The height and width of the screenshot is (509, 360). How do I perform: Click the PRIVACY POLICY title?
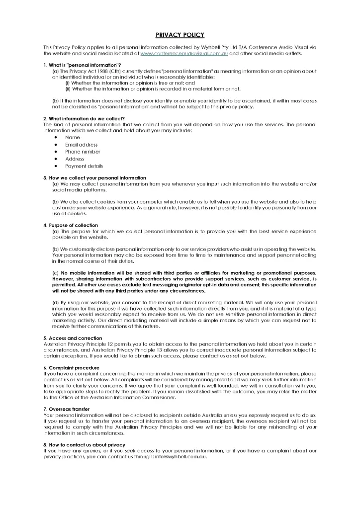point(180,35)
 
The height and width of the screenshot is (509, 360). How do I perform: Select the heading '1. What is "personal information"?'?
point(83,66)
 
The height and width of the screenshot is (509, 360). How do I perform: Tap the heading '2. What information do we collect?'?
point(84,118)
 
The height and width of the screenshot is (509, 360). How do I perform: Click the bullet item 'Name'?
point(73,137)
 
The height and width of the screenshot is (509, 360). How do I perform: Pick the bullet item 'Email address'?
point(81,145)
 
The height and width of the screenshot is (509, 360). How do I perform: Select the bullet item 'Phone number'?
point(83,152)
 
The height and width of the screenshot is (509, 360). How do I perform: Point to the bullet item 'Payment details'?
point(84,166)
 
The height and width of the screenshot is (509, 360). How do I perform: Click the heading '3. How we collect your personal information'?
point(95,177)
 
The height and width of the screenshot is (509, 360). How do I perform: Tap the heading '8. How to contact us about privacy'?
point(85,444)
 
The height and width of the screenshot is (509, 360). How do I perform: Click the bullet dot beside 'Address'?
point(54,159)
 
